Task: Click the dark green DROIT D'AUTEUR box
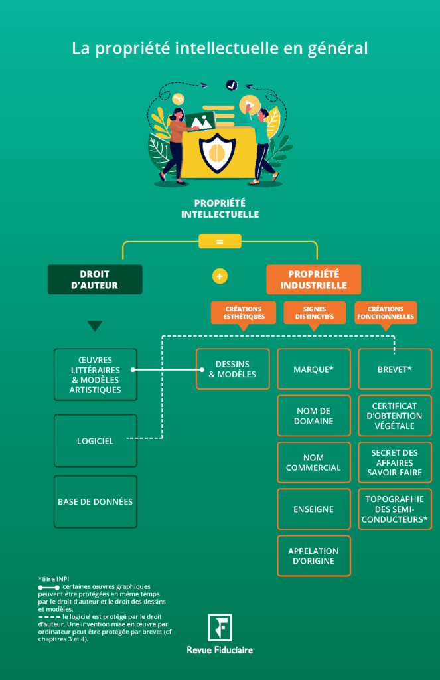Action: (95, 279)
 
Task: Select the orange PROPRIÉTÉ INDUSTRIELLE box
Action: (313, 279)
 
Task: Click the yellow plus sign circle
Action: (220, 276)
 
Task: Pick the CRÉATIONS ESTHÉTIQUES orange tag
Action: (243, 313)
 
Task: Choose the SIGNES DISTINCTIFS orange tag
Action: (315, 313)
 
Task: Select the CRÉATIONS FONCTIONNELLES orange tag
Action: (386, 313)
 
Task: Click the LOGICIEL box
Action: (95, 440)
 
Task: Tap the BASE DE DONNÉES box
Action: (95, 501)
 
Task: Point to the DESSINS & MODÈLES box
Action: (232, 369)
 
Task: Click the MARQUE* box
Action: (313, 369)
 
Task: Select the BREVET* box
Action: (394, 369)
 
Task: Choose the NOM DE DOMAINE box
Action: (313, 416)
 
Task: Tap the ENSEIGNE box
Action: (313, 509)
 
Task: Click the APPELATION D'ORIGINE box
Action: (313, 556)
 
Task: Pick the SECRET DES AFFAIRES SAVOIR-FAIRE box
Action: (394, 462)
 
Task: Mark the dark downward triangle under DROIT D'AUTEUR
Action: (95, 326)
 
